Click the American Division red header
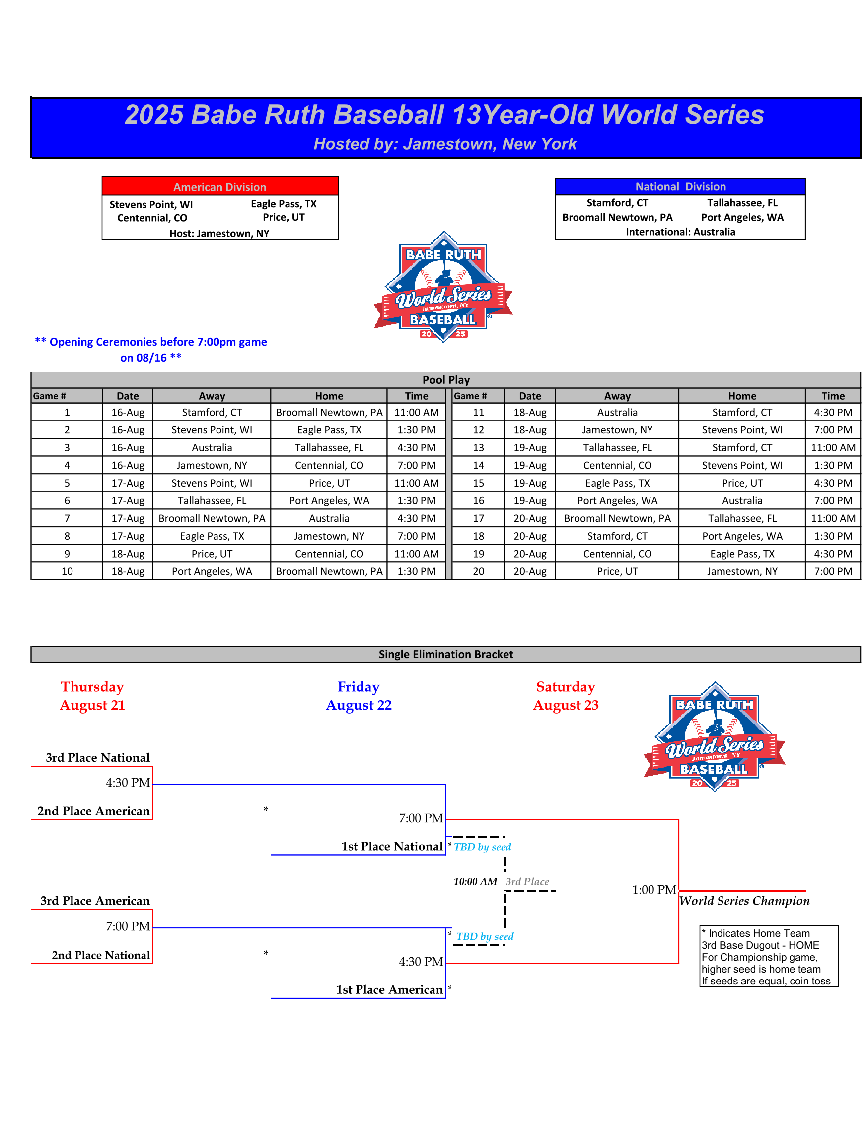tap(219, 187)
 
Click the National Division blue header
tap(680, 187)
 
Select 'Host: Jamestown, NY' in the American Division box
tap(219, 234)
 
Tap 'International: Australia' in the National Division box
tap(680, 232)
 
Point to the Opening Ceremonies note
tap(150, 350)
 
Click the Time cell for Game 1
tap(416, 412)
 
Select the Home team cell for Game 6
tap(329, 500)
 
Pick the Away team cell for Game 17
tap(617, 518)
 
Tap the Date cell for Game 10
tap(128, 571)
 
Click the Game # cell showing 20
tap(478, 571)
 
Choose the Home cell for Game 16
tap(741, 500)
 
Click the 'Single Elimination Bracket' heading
tap(445, 654)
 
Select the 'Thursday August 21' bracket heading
tap(92, 696)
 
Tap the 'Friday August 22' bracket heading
tap(359, 696)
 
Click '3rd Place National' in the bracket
tap(98, 757)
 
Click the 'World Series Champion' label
tap(744, 901)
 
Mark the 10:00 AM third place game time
tap(475, 882)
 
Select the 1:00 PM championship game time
tap(653, 890)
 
